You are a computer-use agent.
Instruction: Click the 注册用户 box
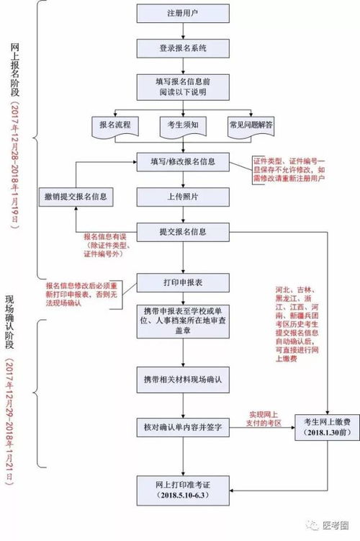183,14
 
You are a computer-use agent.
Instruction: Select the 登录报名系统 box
183,48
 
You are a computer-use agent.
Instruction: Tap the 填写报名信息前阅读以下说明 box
183,86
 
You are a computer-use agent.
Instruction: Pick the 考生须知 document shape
183,125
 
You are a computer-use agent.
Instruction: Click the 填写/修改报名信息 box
183,161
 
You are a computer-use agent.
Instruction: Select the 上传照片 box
183,196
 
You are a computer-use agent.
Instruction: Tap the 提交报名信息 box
183,232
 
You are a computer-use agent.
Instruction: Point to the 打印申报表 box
183,281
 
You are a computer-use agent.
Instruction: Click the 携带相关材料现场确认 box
183,377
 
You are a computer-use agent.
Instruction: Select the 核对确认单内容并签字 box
183,427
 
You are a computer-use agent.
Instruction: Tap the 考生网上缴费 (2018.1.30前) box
327,427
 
